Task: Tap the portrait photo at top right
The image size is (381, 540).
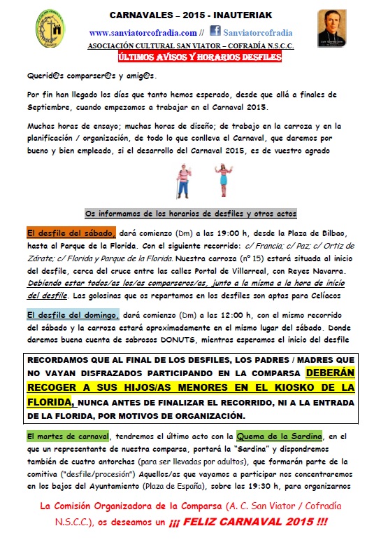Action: tap(332, 27)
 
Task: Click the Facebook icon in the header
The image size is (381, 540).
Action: tap(214, 32)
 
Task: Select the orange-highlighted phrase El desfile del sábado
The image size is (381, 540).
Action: tap(71, 233)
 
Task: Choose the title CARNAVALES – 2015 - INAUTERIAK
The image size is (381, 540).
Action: tap(190, 15)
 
